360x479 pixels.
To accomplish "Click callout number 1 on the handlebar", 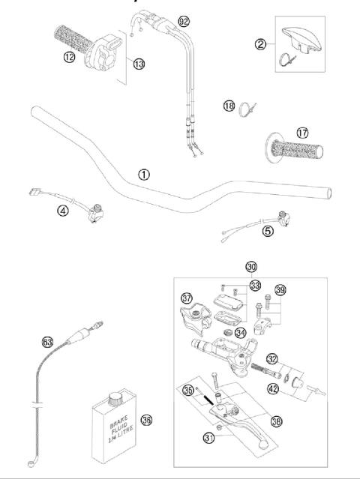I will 164,174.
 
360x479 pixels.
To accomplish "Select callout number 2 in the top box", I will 260,44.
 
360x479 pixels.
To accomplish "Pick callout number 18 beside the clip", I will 229,106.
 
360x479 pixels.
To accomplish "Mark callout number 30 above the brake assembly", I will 251,266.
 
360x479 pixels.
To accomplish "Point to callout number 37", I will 187,298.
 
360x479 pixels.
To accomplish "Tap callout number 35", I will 189,390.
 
